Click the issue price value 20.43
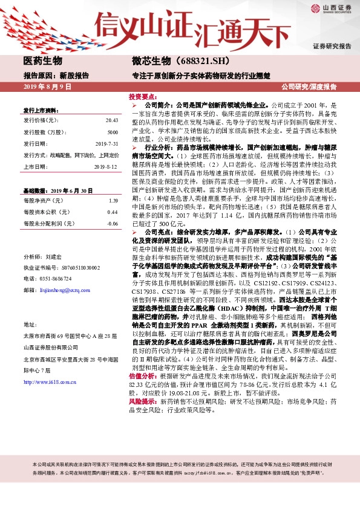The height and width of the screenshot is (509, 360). tap(111, 122)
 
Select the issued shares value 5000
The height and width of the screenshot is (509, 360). tap(113, 132)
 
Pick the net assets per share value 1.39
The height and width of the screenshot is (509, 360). tap(113, 200)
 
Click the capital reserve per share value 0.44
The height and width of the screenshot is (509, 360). tap(113, 212)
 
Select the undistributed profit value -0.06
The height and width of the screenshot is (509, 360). tap(112, 224)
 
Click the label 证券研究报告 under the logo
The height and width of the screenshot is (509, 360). tap(332, 46)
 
